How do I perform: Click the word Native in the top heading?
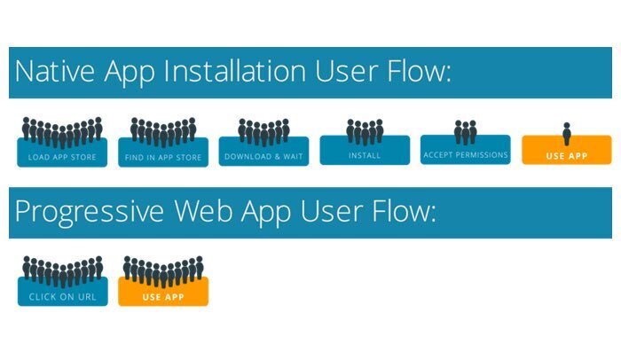click(x=55, y=71)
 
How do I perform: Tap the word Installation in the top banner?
click(x=234, y=71)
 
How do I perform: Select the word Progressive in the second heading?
click(x=90, y=213)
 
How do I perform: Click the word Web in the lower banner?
click(x=203, y=210)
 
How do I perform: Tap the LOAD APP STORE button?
click(x=62, y=153)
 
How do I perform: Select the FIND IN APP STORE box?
click(x=163, y=153)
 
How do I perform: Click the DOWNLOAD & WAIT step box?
click(x=263, y=152)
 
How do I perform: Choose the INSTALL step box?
click(x=365, y=150)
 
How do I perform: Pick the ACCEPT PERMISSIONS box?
click(x=466, y=150)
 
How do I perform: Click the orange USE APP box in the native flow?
click(x=567, y=150)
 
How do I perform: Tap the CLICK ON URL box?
click(x=63, y=292)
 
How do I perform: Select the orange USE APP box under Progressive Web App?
click(x=163, y=292)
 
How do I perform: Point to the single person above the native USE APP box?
click(x=567, y=134)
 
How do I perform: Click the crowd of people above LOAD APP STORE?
click(x=62, y=132)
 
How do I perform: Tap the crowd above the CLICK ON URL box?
click(x=63, y=271)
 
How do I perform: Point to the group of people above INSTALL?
click(x=365, y=132)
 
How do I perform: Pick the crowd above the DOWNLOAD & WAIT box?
click(x=263, y=132)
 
